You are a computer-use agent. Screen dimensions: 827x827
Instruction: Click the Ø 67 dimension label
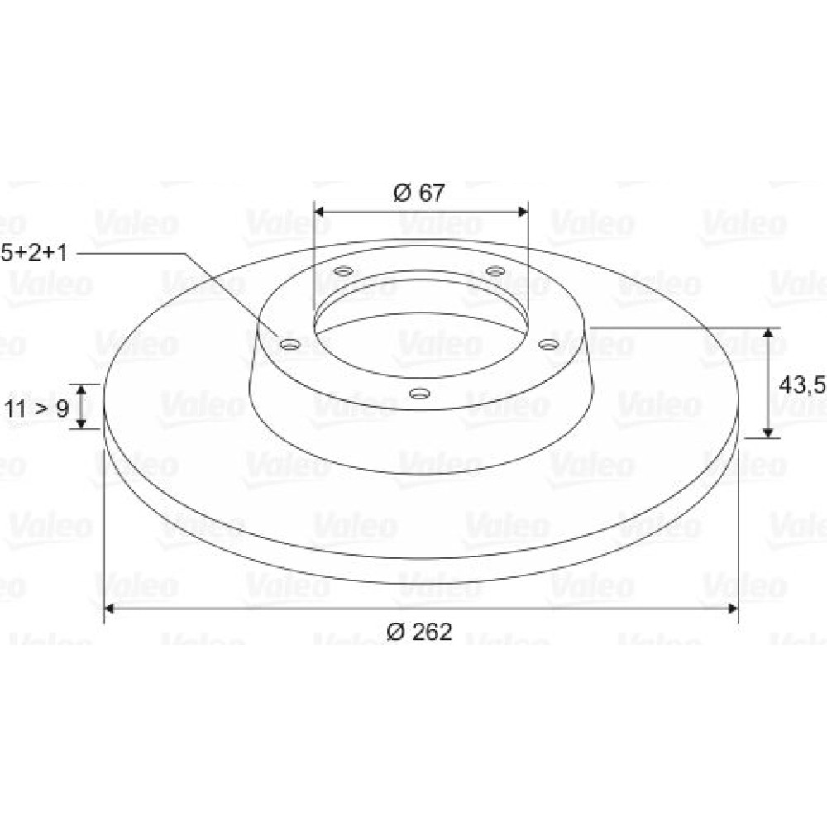[x=418, y=193]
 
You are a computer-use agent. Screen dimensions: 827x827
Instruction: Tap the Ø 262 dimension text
[x=419, y=631]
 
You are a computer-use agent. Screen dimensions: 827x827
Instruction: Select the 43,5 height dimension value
[x=803, y=385]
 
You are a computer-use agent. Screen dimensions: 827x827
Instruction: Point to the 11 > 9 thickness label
[x=36, y=408]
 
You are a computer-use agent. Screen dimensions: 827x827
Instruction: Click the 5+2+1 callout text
[x=34, y=253]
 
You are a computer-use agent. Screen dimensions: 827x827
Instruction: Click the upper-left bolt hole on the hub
[x=344, y=272]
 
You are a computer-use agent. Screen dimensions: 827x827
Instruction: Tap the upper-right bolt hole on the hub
[x=495, y=271]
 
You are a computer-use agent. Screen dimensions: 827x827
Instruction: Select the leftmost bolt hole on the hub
[x=290, y=345]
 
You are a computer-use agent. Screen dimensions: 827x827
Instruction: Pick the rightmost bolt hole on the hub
[x=548, y=344]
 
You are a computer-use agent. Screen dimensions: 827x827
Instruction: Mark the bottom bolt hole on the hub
[x=420, y=393]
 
